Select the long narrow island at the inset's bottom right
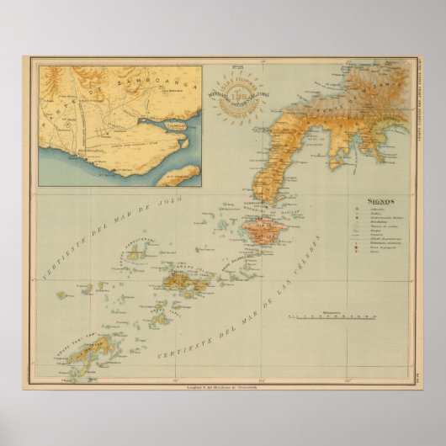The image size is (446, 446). [178, 175]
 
